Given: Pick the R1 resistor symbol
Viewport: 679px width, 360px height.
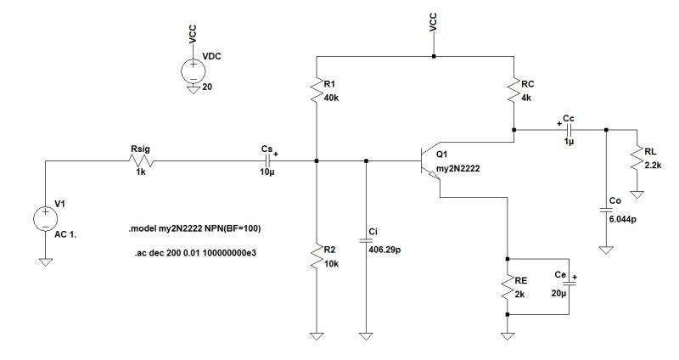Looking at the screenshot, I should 316,90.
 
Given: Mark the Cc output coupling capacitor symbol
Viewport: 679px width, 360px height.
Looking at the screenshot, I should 568,130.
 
